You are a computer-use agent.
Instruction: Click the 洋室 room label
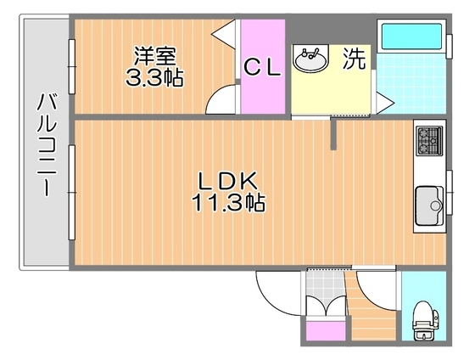tap(155, 56)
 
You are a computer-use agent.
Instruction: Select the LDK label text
tap(228, 181)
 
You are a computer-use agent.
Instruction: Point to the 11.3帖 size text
tap(228, 203)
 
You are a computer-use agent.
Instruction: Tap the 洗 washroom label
tap(354, 59)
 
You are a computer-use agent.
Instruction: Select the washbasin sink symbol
tap(310, 59)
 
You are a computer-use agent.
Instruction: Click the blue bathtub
tap(411, 38)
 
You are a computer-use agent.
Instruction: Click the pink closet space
tap(262, 93)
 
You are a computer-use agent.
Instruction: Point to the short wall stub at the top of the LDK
tap(334, 134)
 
